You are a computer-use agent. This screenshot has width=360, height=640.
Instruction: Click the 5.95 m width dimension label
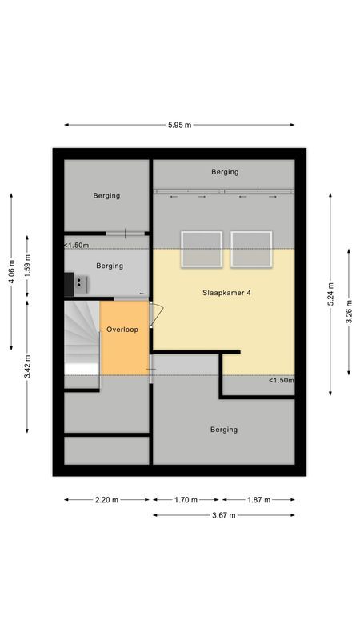tap(179, 125)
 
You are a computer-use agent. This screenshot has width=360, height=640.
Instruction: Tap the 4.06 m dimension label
tap(11, 271)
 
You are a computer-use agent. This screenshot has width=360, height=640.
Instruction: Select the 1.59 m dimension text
tap(27, 266)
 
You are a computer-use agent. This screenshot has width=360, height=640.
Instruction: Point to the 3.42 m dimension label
tap(27, 367)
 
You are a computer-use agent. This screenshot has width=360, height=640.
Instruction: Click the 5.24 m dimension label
tap(330, 294)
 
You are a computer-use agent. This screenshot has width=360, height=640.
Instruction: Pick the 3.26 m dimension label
tap(349, 312)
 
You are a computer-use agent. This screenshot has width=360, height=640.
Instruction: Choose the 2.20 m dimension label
tap(106, 499)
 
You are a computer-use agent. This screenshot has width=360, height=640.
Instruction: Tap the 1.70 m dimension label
tap(186, 499)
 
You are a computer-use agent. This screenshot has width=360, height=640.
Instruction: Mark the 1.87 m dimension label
tap(258, 499)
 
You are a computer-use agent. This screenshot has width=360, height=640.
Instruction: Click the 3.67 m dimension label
tap(224, 515)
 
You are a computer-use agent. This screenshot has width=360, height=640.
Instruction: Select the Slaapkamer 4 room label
tap(226, 293)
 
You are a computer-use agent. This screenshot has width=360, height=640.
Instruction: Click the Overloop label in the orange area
tap(122, 330)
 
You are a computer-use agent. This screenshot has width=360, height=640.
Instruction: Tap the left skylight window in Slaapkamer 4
tap(202, 250)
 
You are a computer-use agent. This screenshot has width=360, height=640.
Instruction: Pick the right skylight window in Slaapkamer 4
tap(251, 250)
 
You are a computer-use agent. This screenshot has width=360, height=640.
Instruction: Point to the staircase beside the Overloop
tap(82, 338)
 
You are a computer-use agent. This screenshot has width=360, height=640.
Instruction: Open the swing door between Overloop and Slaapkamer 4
tap(156, 314)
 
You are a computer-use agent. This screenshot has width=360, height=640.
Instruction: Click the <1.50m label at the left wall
tap(76, 246)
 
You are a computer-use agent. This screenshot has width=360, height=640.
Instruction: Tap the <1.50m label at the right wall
tap(282, 380)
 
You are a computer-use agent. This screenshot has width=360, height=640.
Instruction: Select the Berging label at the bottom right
tap(224, 430)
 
